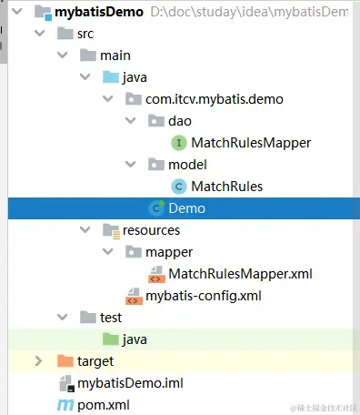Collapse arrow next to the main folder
coord(62,56)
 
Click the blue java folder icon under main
coord(110,76)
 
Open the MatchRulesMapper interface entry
coord(251,142)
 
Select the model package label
coord(187,165)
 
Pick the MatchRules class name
coord(226,187)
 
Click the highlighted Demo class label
coord(186,208)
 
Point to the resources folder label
coord(150,230)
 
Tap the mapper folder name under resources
coord(169,251)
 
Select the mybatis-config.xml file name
coord(204,296)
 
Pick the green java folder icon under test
coord(110,339)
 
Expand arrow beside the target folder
coord(38,361)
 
